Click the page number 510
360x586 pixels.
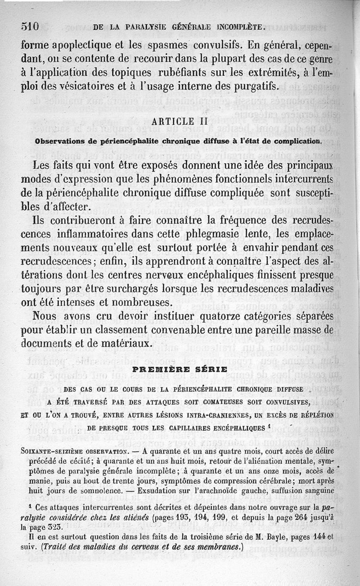[x=31, y=26]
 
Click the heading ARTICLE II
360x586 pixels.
[x=180, y=122]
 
